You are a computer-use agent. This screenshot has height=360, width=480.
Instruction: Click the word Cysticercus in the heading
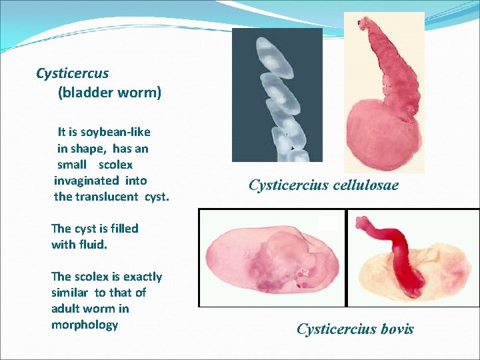(x=73, y=73)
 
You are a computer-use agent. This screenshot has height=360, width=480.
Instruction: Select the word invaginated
(x=100, y=181)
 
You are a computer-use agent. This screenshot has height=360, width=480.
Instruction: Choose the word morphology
(x=85, y=325)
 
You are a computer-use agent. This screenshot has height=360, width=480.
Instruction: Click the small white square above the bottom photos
(x=327, y=223)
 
